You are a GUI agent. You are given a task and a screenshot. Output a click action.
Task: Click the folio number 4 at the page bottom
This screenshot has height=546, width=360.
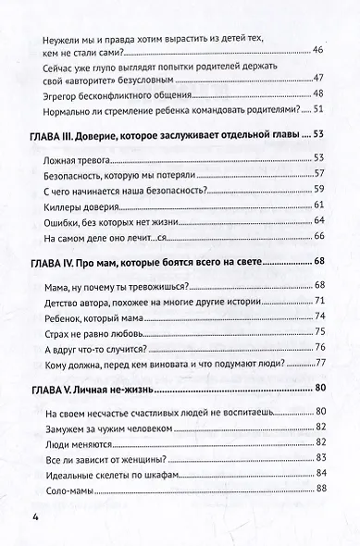[x=35, y=515]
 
